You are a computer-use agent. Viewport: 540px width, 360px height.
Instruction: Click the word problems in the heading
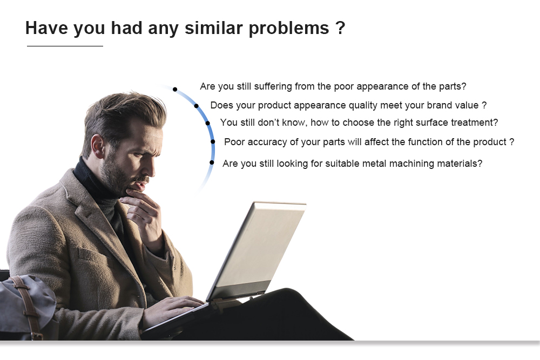288,29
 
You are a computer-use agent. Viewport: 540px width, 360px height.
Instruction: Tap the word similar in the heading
213,28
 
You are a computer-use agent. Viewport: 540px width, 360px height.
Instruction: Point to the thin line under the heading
65,46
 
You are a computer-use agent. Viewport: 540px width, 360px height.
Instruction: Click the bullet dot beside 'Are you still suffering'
175,90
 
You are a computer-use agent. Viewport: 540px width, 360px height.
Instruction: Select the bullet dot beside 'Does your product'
197,106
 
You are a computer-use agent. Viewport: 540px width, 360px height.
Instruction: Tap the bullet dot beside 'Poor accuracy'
213,141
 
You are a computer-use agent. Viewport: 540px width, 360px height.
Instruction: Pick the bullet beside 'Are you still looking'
212,162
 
